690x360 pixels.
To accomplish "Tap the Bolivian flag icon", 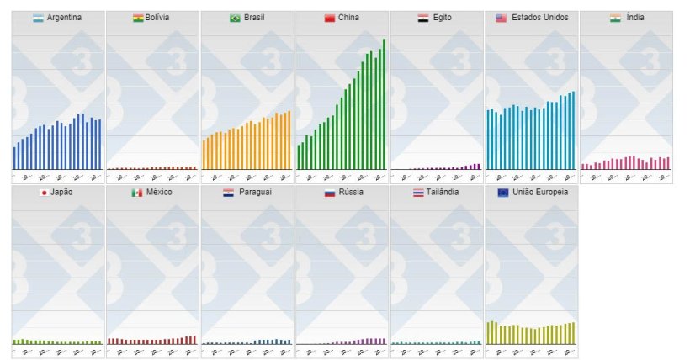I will (x=138, y=18).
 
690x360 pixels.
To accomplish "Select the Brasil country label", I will (x=255, y=18).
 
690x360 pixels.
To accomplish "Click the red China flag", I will (x=329, y=18).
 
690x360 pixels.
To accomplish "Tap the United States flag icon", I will (x=501, y=18).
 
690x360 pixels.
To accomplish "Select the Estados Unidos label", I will (x=539, y=18).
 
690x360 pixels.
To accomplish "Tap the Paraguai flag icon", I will (x=228, y=193).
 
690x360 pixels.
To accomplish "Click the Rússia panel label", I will (x=349, y=193).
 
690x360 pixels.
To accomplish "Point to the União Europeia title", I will (x=539, y=193).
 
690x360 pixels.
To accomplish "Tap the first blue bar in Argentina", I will (x=14, y=158).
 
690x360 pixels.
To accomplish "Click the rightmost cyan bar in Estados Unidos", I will (x=574, y=130).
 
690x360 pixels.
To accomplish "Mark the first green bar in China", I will (x=298, y=157).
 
